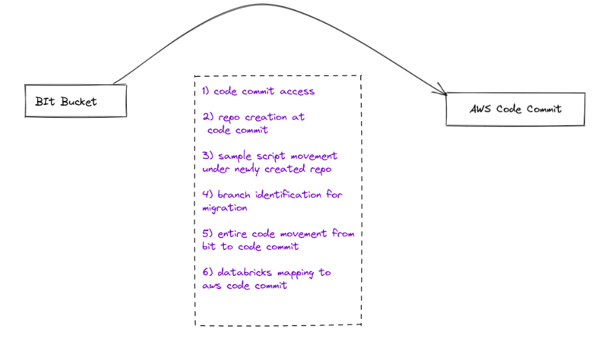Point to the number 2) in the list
208,117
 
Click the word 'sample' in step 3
235,156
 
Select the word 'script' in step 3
271,156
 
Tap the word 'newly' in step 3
247,170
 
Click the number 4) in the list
208,194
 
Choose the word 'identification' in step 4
288,194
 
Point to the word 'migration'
225,208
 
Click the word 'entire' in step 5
232,234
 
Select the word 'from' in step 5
343,233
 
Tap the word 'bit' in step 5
209,246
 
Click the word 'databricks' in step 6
245,273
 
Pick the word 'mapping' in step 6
296,273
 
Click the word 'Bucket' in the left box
79,102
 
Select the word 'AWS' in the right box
480,109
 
